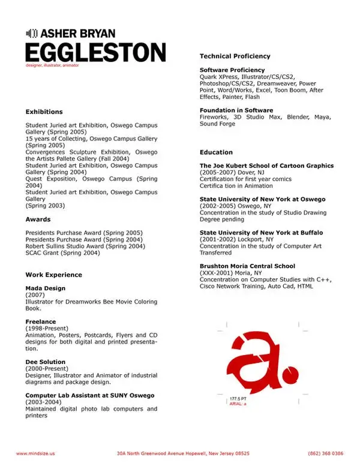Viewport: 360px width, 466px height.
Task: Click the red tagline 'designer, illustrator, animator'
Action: tap(52, 65)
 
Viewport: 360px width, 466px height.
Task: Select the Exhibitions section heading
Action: tap(44, 112)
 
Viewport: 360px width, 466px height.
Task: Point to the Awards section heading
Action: tap(38, 220)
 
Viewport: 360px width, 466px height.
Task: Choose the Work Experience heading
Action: tap(53, 275)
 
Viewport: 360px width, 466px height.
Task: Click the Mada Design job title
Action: tap(46, 288)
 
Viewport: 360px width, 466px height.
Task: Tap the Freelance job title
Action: tap(41, 322)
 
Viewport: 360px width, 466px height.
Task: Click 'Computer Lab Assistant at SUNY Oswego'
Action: tap(89, 395)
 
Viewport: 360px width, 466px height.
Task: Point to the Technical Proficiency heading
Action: tap(235, 56)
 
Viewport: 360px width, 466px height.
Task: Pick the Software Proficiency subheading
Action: tap(232, 70)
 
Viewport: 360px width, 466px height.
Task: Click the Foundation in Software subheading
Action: tap(236, 110)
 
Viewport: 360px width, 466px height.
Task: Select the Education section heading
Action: tap(216, 152)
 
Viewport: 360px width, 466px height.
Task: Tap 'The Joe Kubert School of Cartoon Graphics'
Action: tap(266, 166)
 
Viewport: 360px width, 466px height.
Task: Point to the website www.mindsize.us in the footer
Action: tap(35, 453)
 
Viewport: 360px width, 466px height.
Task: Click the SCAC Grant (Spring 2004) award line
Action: tap(62, 253)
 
